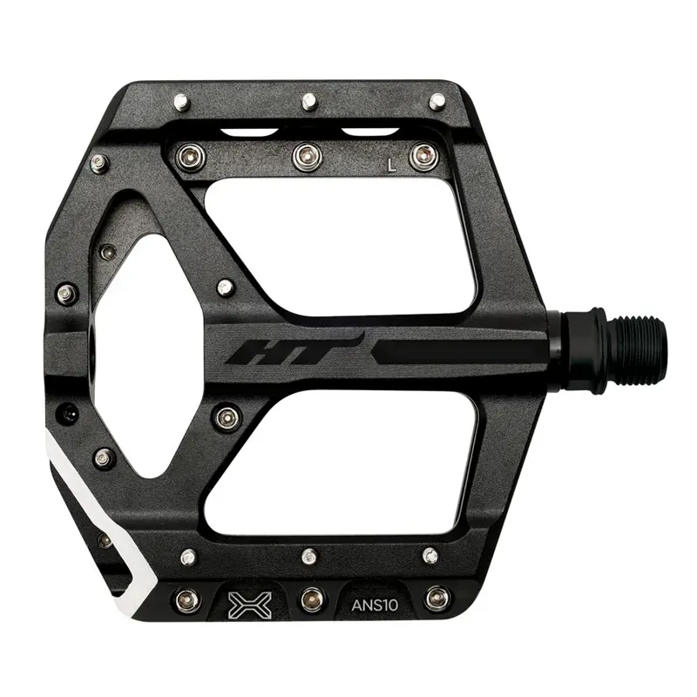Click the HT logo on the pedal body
[293, 351]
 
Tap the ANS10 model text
[375, 600]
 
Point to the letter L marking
[394, 162]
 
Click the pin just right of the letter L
[423, 157]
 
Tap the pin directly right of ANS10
[436, 599]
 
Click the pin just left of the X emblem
[186, 599]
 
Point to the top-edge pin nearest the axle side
[436, 101]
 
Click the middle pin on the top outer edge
[308, 102]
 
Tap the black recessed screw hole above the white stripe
[68, 414]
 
